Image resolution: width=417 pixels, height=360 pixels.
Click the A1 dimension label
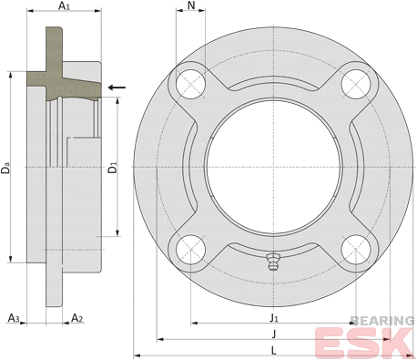pos(64,5)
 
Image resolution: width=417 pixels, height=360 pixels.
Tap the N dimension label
pos(191,5)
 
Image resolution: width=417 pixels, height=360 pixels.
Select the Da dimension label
pos(5,169)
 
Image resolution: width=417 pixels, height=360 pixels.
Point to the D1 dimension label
pos(113,168)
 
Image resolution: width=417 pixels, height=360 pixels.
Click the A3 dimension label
pos(14,318)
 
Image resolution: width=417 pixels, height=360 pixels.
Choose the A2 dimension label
pos(76,318)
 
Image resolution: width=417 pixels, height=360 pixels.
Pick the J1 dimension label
pos(274,318)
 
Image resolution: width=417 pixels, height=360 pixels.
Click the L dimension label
pos(274,351)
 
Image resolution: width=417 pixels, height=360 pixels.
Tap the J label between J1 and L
pos(274,334)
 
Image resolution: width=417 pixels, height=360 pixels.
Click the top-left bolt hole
pos(191,84)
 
